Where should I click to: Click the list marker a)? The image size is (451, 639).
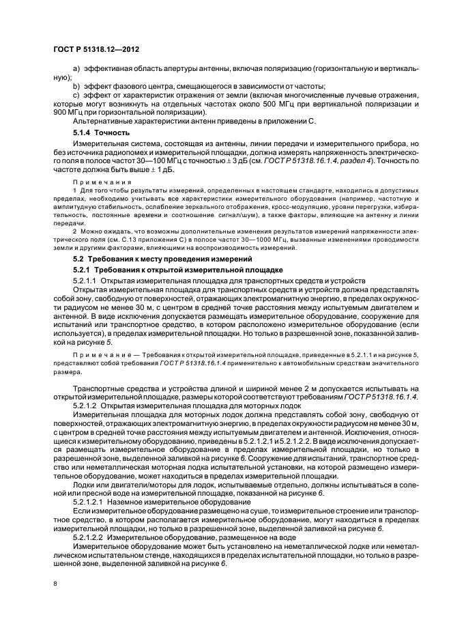coord(76,70)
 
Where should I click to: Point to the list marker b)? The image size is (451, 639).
coord(76,86)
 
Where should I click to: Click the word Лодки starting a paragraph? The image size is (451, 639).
coord(85,483)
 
